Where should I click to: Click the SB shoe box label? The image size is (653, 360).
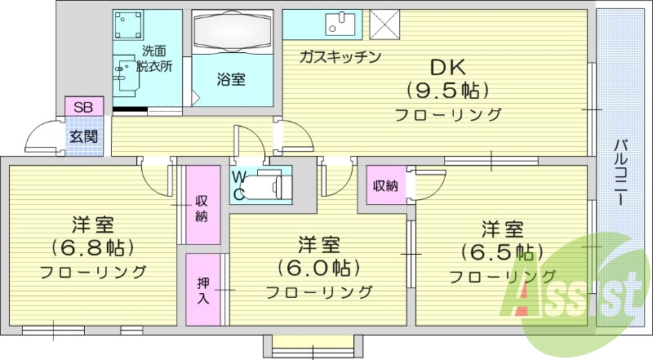(83, 107)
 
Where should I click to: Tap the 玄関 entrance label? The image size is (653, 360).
(84, 136)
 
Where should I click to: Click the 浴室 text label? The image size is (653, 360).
(231, 79)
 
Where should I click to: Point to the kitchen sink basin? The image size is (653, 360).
(340, 24)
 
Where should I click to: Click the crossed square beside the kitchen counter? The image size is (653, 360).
(384, 24)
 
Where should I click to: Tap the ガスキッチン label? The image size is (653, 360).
(340, 56)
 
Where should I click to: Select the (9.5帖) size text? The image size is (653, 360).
(447, 90)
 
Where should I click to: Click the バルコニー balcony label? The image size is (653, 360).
(620, 172)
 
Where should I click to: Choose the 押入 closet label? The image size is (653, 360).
(203, 291)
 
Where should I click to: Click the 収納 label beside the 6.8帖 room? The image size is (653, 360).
(202, 209)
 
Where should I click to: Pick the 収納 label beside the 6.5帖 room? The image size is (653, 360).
(386, 185)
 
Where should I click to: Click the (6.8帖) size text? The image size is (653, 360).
(93, 248)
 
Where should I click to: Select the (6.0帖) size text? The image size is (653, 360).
(319, 268)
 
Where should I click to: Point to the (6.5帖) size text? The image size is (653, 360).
(502, 251)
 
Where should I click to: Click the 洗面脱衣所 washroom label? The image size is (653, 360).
(153, 59)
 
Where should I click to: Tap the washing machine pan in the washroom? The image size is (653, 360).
(129, 24)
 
